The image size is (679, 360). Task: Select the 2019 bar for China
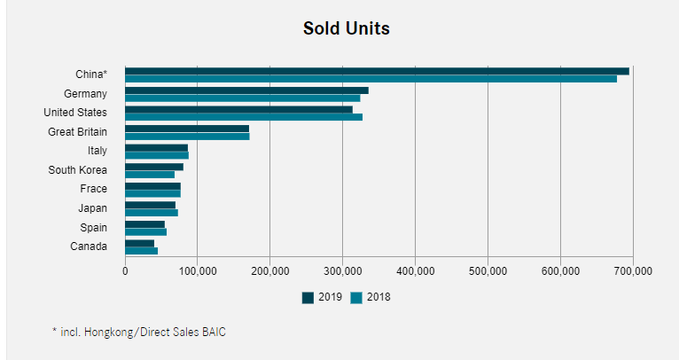point(377,71)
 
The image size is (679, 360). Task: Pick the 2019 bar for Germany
point(246,90)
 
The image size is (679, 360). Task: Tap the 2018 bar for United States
point(244,117)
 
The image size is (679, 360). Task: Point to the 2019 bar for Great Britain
point(187,129)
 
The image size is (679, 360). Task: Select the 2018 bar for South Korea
point(150,175)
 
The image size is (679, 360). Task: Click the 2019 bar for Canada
point(139,243)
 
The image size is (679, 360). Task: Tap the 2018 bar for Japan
point(152,213)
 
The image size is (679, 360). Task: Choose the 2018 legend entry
point(371,297)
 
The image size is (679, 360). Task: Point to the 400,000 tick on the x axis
point(415,270)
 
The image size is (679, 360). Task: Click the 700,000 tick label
point(632,270)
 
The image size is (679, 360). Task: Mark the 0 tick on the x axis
point(125,270)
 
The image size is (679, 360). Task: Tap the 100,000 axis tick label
point(197,270)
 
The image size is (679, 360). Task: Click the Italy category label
point(97,151)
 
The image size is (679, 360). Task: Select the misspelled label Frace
point(93,189)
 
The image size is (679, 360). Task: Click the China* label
point(91,74)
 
